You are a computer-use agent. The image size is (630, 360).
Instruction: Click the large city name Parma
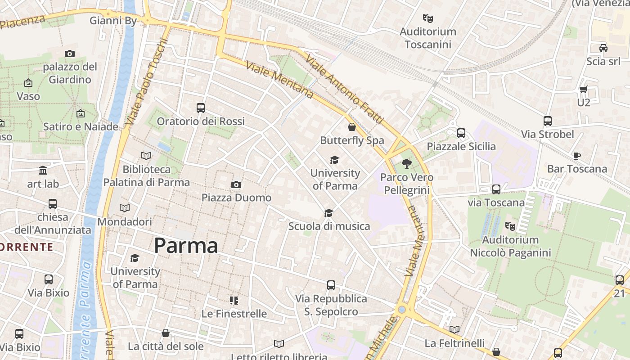click(186, 246)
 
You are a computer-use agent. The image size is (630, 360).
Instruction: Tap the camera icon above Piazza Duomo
click(236, 185)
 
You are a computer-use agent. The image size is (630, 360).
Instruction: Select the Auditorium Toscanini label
click(428, 38)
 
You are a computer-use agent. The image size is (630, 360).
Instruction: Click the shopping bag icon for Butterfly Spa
click(352, 127)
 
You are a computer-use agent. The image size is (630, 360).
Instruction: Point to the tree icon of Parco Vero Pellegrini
click(407, 164)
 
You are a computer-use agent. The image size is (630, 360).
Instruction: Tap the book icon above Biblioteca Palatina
click(146, 156)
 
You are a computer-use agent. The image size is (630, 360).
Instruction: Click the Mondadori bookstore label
click(125, 222)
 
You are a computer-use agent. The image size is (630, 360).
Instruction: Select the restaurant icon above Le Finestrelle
click(234, 300)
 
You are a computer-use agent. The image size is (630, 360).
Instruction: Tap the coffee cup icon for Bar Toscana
click(577, 156)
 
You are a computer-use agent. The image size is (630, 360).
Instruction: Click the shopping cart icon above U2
click(584, 90)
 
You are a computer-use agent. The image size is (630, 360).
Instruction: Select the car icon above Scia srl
click(603, 48)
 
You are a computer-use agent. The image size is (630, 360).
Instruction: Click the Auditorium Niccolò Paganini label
click(510, 246)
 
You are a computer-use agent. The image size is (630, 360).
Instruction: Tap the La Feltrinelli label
click(454, 343)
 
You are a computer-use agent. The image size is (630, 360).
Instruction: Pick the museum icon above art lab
click(43, 171)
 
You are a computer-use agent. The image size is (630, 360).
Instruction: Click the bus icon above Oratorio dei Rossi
click(201, 108)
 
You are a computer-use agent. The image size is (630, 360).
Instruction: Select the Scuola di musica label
click(329, 226)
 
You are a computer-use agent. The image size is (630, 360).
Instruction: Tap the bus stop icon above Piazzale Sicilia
click(461, 133)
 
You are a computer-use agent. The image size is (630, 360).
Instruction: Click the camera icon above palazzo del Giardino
click(70, 54)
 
